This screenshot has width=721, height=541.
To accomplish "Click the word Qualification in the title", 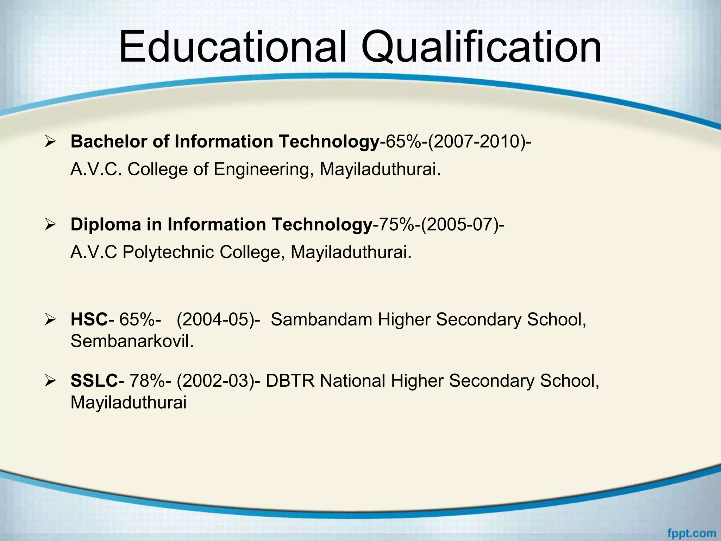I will (481, 47).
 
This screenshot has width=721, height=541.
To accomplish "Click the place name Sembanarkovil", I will (132, 341).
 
